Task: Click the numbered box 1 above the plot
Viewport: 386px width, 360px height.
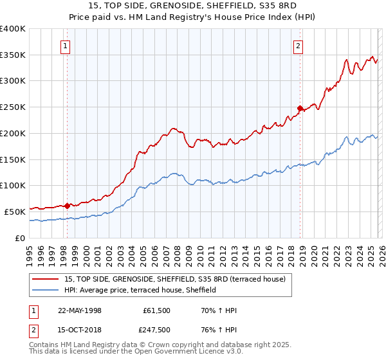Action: (66, 46)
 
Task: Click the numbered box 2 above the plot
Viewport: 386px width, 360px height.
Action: (299, 46)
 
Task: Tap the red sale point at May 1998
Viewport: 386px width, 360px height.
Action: (68, 206)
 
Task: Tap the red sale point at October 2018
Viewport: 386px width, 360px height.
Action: (300, 108)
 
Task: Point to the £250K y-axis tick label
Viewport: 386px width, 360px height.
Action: (13, 107)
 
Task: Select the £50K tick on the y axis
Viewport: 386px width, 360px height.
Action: (15, 212)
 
